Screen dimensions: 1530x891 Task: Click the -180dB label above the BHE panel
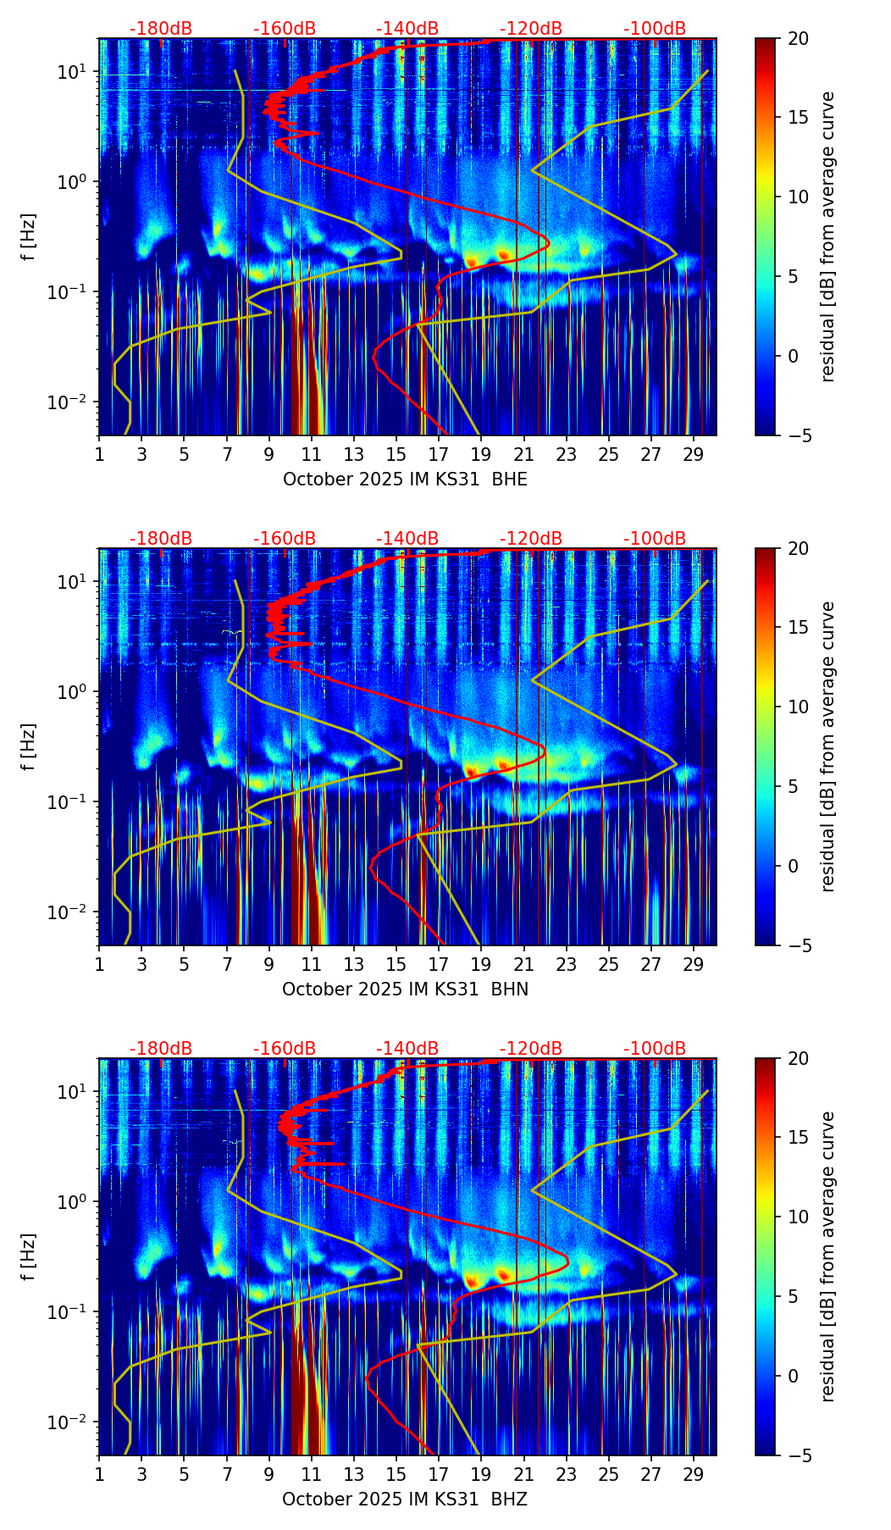161,29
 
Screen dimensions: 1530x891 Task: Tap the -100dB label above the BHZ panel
655,1049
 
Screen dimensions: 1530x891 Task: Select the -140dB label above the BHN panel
407,539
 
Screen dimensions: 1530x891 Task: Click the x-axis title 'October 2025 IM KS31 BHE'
405,480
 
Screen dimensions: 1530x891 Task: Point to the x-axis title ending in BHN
405,990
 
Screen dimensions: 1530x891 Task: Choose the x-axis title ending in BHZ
405,1500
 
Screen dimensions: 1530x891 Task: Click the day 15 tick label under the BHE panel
396,455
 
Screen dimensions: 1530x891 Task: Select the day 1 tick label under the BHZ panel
99,1475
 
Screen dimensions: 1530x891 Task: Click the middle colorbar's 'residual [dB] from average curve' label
828,746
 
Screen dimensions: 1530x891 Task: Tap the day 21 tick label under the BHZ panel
523,1475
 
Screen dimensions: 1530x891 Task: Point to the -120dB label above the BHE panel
531,29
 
